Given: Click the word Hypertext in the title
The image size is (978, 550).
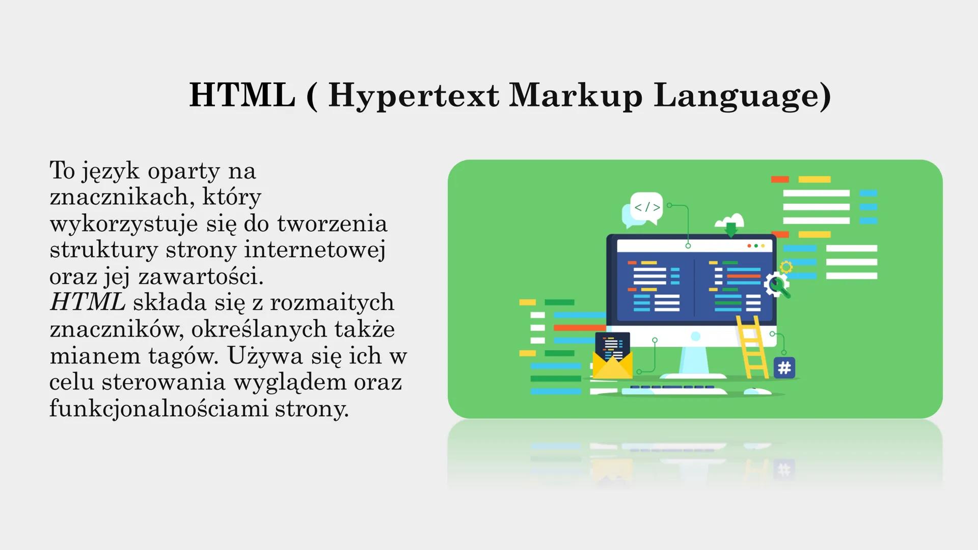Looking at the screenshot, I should [413, 96].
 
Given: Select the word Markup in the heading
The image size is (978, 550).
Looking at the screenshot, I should [576, 96].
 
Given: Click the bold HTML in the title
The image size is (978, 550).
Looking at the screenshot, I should [242, 95].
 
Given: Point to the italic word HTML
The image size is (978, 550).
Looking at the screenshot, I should [88, 302].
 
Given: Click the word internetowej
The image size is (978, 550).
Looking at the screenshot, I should [314, 250].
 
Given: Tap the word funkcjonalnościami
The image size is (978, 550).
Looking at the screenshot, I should [158, 408].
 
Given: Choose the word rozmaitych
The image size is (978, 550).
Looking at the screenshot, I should [332, 302].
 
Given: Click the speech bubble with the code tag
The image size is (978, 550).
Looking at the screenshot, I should [646, 207].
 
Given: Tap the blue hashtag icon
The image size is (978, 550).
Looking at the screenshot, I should [784, 367].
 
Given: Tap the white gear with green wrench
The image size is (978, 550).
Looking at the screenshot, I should [776, 284].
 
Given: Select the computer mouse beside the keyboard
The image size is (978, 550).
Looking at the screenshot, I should [757, 391].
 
